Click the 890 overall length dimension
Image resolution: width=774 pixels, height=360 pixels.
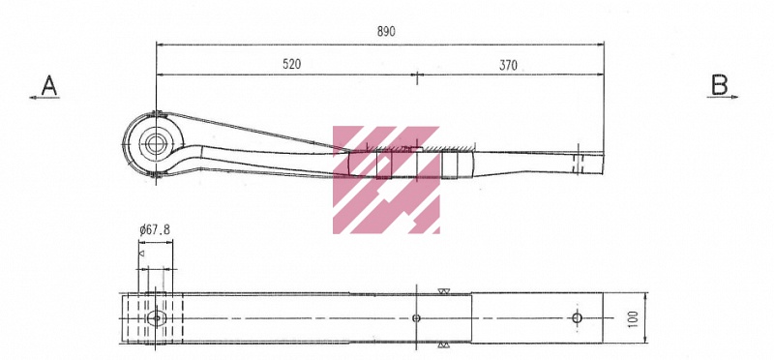tap(386, 32)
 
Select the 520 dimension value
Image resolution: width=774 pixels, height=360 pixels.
tap(292, 64)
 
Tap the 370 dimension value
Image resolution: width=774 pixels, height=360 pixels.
tap(508, 65)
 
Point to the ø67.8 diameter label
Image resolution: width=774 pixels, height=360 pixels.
tap(155, 230)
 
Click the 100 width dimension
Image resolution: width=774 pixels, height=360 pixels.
tap(634, 319)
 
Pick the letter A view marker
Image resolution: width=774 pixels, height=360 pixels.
tap(49, 85)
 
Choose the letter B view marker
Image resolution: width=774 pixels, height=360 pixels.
tap(719, 85)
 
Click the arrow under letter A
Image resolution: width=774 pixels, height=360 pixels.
tap(45, 98)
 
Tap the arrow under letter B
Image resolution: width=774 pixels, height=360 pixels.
tap(723, 97)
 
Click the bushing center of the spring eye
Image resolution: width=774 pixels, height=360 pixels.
tap(155, 143)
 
